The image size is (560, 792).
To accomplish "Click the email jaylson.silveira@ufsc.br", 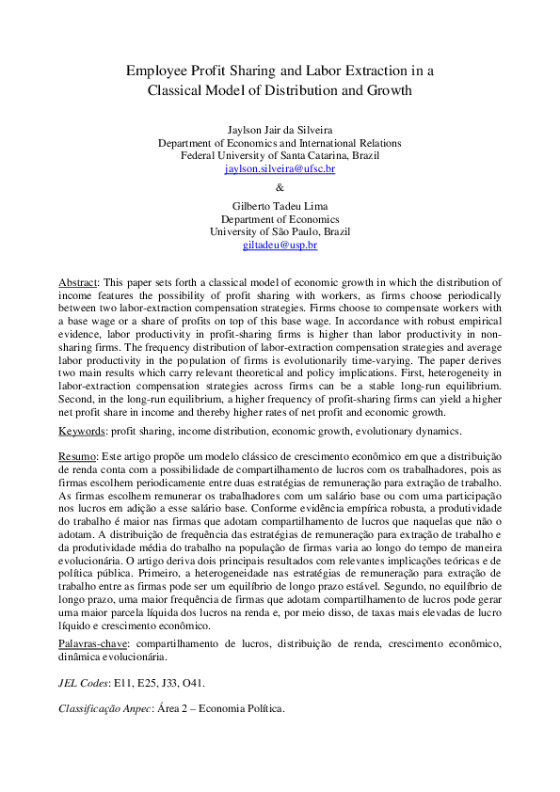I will pos(280,169).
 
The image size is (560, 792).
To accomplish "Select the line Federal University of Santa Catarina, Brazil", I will pos(280,155).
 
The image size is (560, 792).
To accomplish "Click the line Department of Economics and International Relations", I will pos(280,142).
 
